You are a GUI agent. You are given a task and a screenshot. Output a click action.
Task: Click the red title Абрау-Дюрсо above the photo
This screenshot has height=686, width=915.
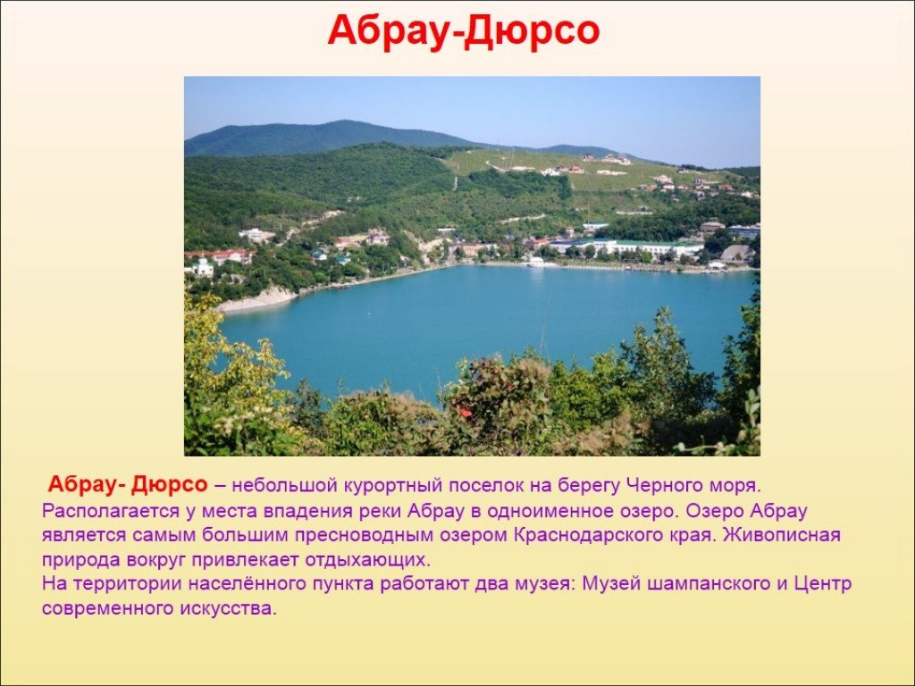click(464, 31)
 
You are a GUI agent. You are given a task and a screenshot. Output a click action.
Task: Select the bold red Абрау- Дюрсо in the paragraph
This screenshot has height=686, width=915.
click(127, 484)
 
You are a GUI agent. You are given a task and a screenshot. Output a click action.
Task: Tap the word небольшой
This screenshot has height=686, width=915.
click(283, 485)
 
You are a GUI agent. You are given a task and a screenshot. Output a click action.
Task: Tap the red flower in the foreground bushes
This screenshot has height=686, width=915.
click(465, 412)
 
